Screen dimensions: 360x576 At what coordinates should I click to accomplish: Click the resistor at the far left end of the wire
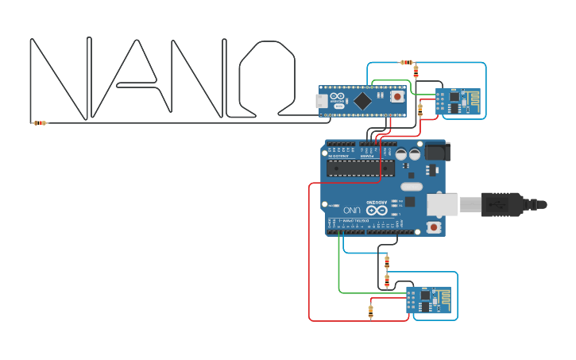coord(39,122)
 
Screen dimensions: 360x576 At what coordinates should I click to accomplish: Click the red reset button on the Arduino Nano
coord(396,97)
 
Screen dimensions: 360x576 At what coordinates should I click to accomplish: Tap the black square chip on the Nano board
coord(362,101)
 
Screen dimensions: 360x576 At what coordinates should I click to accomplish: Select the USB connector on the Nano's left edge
coord(321,101)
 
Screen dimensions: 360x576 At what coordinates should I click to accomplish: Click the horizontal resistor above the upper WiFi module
coord(407,62)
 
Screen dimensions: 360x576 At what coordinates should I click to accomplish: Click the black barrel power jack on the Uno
coord(435,152)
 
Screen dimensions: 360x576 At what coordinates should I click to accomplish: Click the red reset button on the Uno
coord(433,228)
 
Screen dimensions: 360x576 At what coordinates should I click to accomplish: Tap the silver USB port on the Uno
coord(442,204)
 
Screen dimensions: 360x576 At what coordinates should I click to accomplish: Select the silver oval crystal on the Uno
coord(412,187)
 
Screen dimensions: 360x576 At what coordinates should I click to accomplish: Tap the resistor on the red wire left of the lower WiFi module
coord(371,311)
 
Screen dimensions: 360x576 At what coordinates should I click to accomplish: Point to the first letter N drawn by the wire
coord(60,78)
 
